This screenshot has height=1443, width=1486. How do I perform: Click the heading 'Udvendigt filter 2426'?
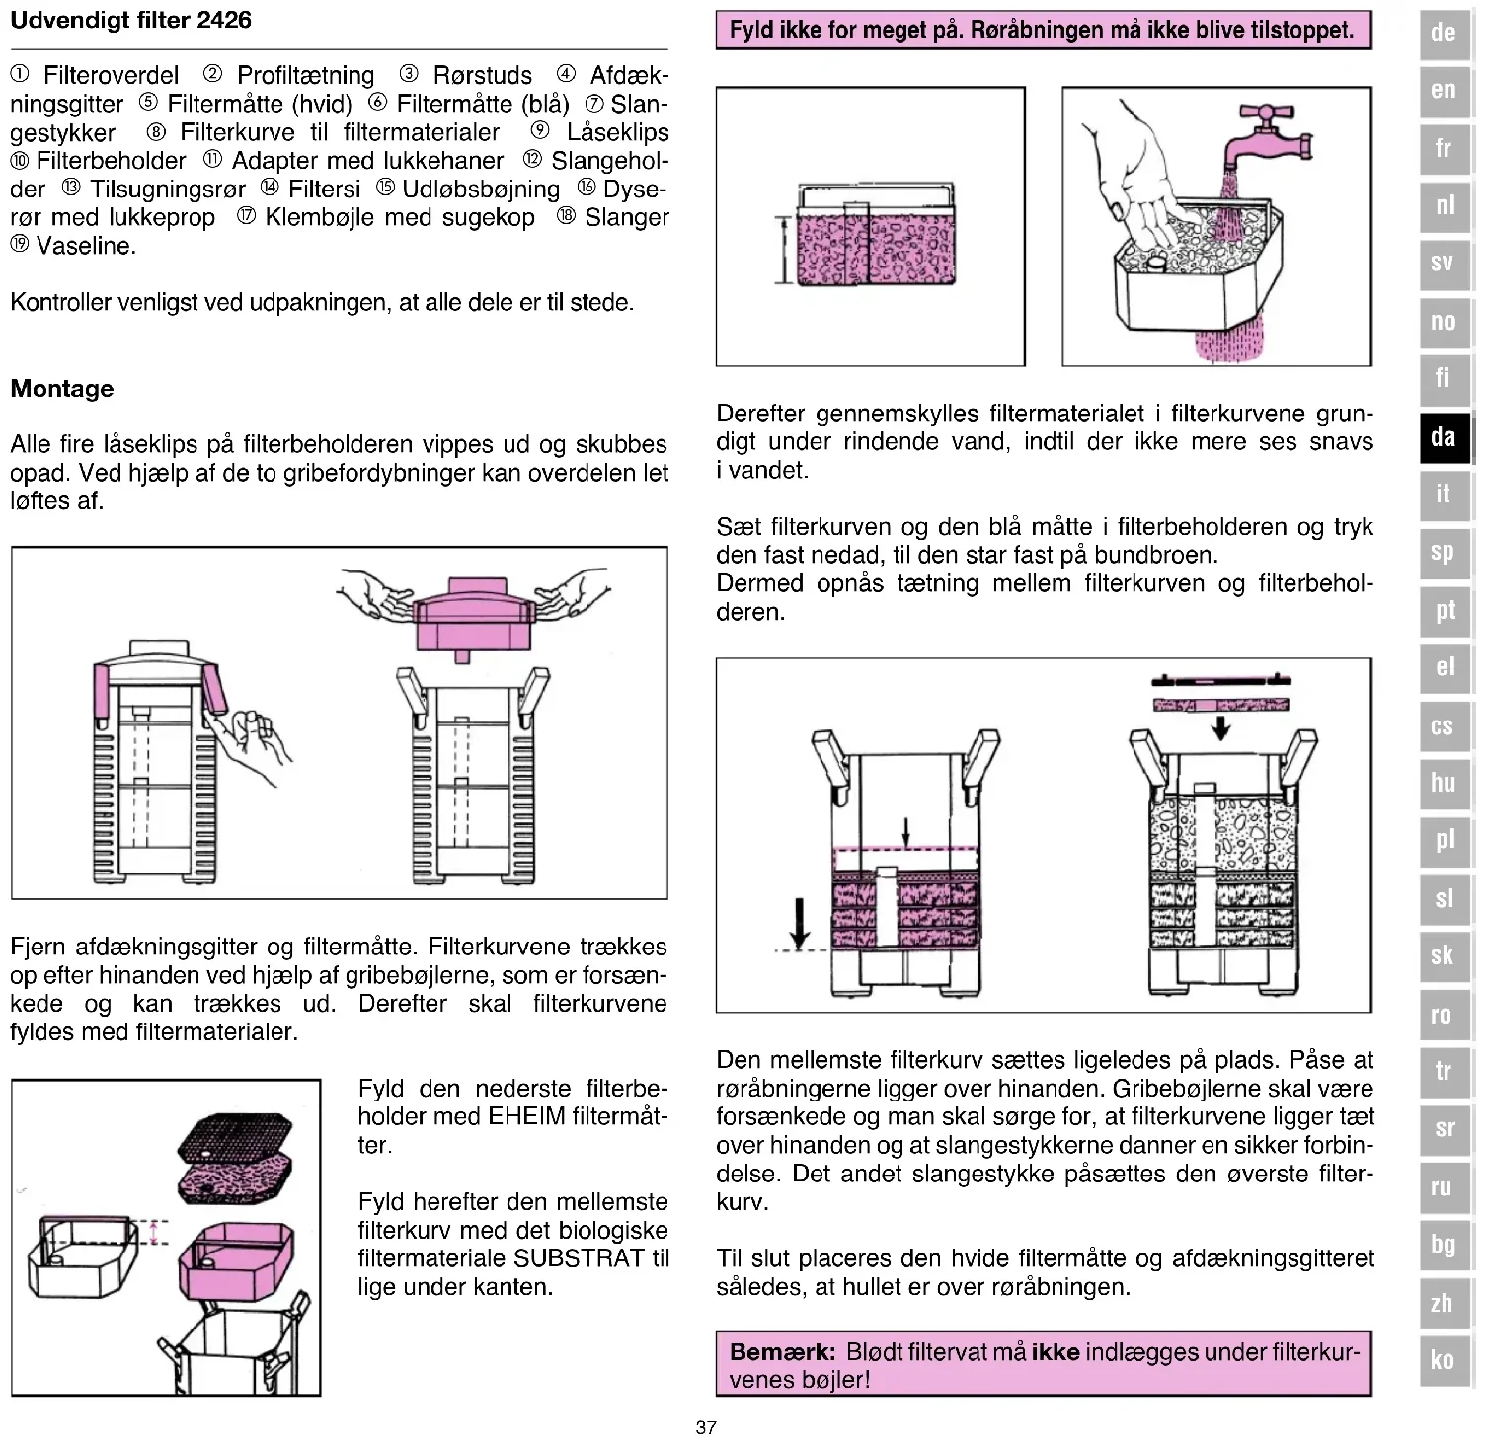click(130, 20)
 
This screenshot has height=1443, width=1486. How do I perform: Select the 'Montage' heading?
click(62, 388)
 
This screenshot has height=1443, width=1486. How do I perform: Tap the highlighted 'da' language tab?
click(1444, 435)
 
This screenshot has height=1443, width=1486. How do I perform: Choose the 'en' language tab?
click(1444, 90)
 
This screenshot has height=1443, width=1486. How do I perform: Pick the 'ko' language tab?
click(1444, 1359)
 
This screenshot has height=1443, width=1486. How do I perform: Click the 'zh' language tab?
click(1444, 1302)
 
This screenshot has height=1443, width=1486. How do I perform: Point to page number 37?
click(706, 1427)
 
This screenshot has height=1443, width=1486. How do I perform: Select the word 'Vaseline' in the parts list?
click(86, 246)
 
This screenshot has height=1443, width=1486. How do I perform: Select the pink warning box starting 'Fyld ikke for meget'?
click(1043, 30)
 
